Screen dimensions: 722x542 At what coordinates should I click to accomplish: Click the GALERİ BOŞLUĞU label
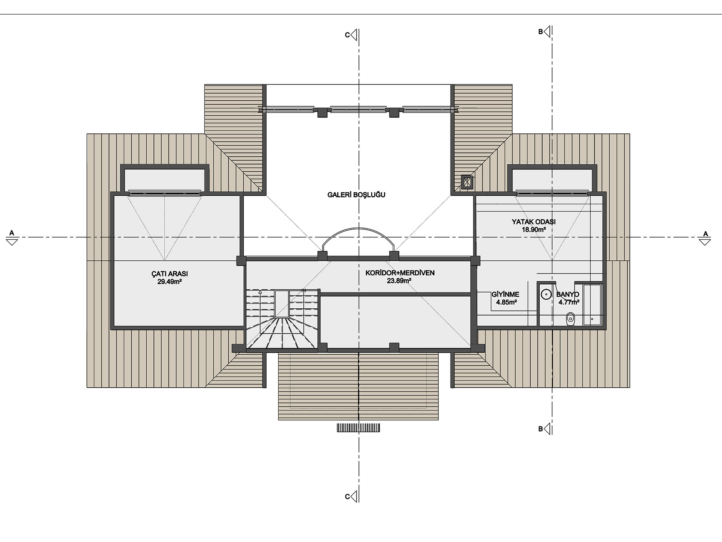tap(356, 195)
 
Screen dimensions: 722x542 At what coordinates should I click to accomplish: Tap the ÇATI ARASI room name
tap(170, 274)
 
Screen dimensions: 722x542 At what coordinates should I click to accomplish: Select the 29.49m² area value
tap(170, 282)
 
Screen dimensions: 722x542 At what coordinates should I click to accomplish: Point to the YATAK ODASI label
tap(534, 222)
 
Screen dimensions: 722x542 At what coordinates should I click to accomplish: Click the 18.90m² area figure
tap(534, 229)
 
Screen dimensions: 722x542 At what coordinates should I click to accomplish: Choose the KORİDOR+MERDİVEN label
tap(400, 273)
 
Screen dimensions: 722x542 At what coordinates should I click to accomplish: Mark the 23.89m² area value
tap(399, 281)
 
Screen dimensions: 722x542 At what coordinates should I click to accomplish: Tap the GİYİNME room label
tap(505, 294)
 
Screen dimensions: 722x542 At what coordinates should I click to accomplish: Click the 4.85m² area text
tap(506, 302)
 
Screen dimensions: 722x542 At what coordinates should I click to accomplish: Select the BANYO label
tap(567, 294)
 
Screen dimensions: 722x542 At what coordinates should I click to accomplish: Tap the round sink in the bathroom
tap(546, 294)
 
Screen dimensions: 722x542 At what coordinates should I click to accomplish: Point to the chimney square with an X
tap(467, 183)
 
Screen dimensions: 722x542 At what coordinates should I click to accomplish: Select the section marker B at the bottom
tap(545, 429)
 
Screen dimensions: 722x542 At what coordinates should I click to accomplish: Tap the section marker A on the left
tap(12, 238)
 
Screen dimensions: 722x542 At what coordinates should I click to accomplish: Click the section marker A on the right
tap(705, 239)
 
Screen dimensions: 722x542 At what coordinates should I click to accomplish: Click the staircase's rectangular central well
tap(282, 303)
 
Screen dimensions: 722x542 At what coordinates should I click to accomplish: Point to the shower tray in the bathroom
tap(592, 305)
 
